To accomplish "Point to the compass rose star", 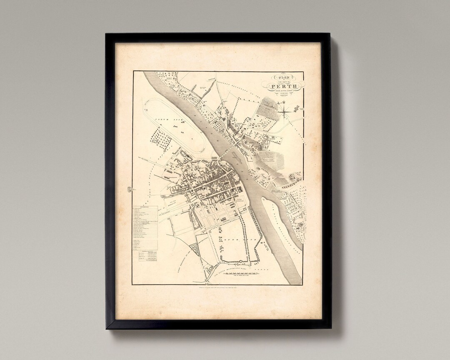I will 285,110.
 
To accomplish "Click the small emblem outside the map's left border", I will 129,190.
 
